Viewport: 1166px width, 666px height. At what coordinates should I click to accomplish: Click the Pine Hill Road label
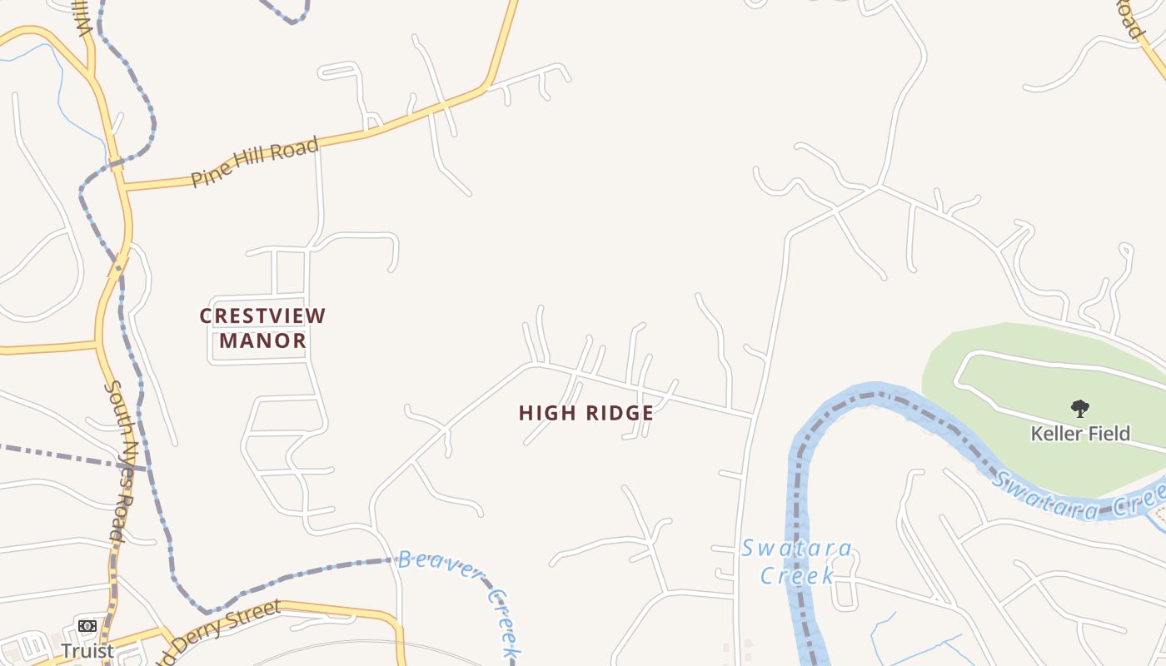[255, 162]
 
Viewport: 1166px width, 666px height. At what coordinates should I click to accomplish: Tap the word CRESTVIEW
[262, 316]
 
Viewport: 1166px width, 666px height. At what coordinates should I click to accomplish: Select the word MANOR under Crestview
[262, 340]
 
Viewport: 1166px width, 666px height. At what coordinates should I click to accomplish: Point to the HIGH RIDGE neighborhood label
[585, 413]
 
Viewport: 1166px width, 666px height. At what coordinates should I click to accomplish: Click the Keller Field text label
[1080, 434]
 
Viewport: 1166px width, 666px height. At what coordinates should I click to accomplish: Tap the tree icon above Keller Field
[1080, 409]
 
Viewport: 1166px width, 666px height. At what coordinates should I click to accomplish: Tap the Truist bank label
[87, 650]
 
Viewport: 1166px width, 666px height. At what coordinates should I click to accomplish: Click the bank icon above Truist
[87, 626]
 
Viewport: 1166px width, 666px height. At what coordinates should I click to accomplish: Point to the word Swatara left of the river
[797, 549]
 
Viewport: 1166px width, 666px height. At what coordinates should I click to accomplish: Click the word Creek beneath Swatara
[797, 575]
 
